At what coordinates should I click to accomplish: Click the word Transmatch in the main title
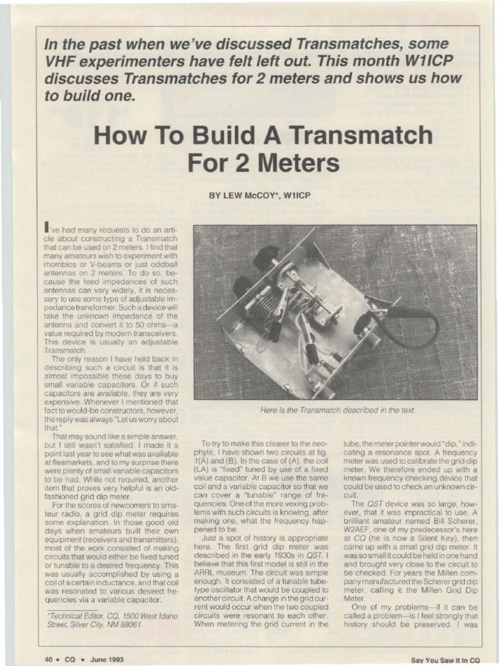click(x=362, y=136)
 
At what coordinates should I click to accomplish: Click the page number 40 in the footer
click(x=49, y=659)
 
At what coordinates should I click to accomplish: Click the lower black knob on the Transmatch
click(x=242, y=287)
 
